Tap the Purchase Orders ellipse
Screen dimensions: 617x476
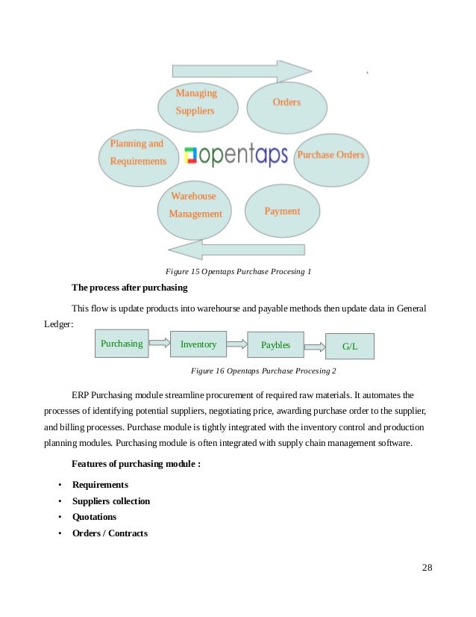coord(331,155)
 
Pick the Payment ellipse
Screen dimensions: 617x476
coord(282,211)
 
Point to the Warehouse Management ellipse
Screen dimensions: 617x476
coord(195,205)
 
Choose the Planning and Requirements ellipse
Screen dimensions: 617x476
coord(138,152)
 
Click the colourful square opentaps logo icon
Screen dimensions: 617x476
coord(191,155)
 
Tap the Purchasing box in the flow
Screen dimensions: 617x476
coord(122,344)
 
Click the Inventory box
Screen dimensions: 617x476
coord(198,344)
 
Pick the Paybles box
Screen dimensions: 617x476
coord(275,345)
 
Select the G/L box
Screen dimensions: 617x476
coord(350,347)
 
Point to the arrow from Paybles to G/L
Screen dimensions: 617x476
coord(316,346)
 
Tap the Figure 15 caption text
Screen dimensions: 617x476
coord(238,271)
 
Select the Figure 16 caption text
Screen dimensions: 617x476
coord(263,370)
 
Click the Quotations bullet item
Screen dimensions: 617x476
coord(94,517)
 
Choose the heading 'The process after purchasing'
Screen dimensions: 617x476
coord(129,288)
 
